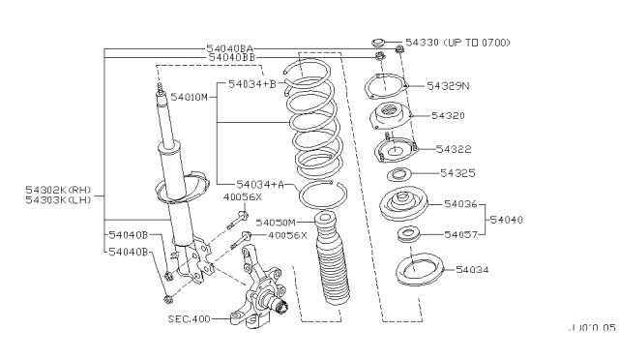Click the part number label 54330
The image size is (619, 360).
pyautogui.click(x=422, y=43)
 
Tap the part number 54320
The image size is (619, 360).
pyautogui.click(x=449, y=115)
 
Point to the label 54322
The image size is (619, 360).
pyautogui.click(x=455, y=149)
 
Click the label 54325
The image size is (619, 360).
pyautogui.click(x=457, y=173)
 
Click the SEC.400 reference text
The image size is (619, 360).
pyautogui.click(x=188, y=317)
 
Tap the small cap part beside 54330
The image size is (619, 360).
pyautogui.click(x=379, y=43)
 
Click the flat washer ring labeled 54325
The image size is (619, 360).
pyautogui.click(x=399, y=175)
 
